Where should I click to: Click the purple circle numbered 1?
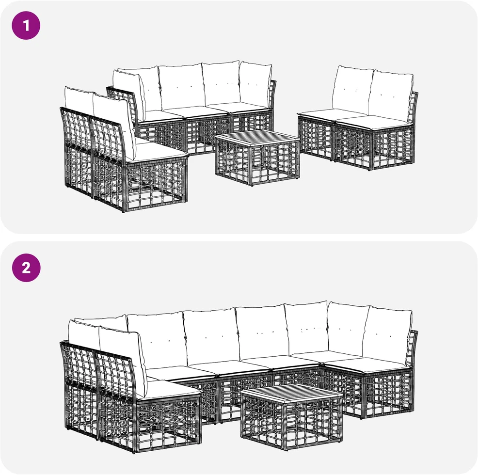26,25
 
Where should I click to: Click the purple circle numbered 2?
26,268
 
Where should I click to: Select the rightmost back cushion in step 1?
391,95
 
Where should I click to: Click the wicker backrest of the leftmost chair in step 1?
76,128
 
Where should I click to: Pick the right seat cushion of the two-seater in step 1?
373,121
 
